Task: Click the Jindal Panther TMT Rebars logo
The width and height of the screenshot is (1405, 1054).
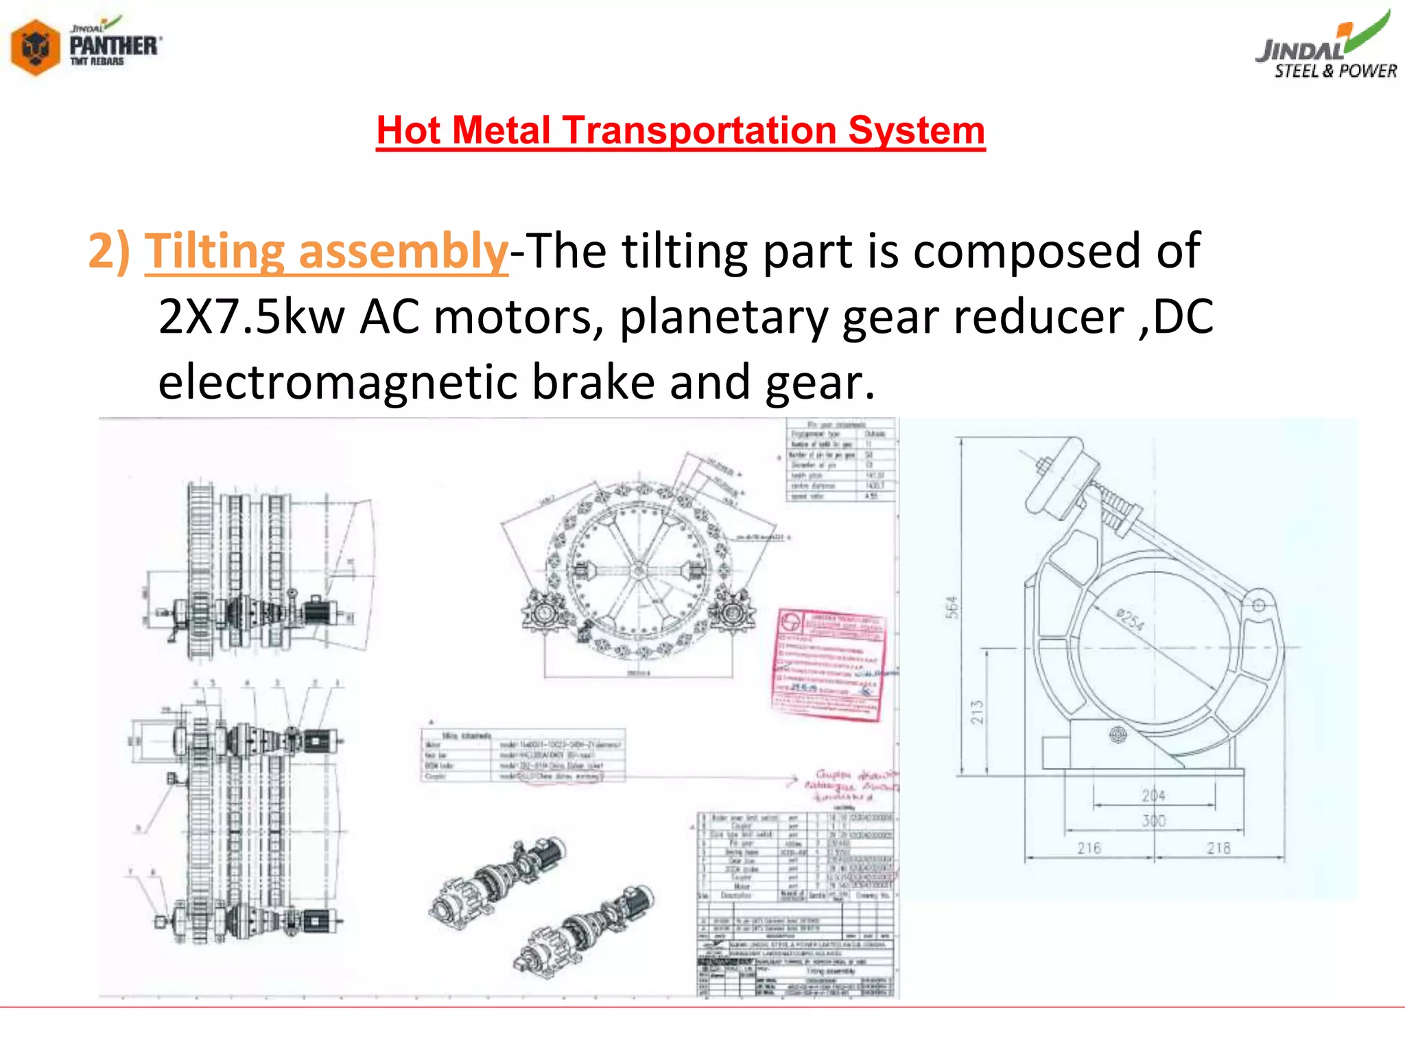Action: (x=86, y=45)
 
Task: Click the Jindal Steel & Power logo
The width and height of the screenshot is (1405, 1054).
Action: (x=1326, y=48)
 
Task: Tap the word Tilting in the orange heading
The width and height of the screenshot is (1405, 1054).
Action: (x=214, y=251)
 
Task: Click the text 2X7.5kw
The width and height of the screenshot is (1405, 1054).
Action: (x=251, y=317)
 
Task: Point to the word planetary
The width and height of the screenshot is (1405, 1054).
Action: (x=723, y=317)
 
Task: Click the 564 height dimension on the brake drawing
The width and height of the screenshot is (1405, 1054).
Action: (x=952, y=607)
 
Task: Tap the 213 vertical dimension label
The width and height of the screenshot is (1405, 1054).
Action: (x=977, y=712)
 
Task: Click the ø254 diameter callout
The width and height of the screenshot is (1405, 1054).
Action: (x=1130, y=620)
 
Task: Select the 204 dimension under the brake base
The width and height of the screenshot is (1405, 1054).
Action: (x=1154, y=795)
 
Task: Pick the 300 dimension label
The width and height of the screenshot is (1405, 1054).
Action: (x=1154, y=820)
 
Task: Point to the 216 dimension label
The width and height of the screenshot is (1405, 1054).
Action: (x=1089, y=848)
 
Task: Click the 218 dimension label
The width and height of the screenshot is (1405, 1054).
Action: (x=1218, y=848)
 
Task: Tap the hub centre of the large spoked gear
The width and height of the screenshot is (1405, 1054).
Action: (x=639, y=570)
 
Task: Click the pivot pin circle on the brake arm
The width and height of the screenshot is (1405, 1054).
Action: (x=1259, y=605)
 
